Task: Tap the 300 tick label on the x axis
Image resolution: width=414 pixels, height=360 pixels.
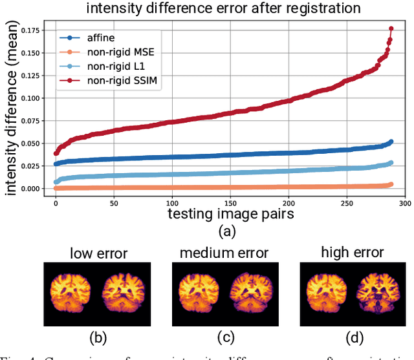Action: coord(405,202)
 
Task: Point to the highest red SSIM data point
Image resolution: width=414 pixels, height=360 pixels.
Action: coord(391,28)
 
